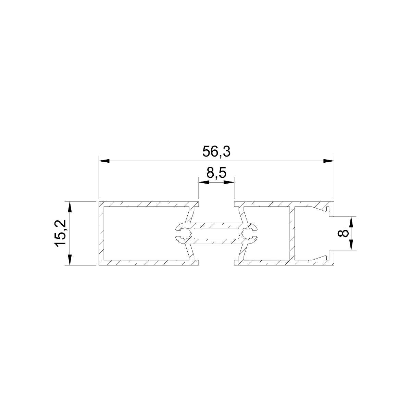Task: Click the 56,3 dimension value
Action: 216,152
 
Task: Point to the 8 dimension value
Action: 343,233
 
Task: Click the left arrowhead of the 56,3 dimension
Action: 104,161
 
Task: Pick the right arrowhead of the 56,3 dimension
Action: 328,161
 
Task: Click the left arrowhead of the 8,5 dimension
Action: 204,182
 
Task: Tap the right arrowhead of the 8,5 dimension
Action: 229,182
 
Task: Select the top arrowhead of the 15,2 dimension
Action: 70,207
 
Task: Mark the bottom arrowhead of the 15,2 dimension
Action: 70,260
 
